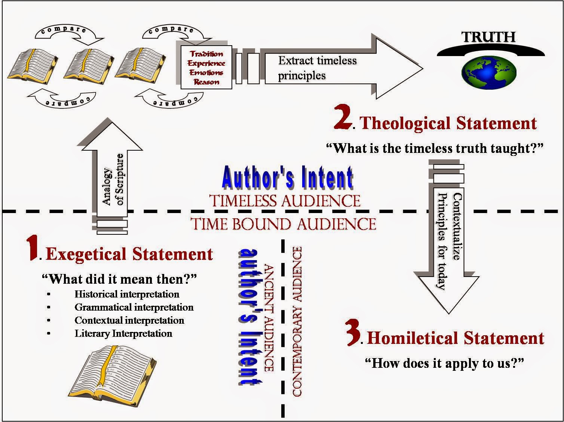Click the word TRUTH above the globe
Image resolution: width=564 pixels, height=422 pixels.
point(488,37)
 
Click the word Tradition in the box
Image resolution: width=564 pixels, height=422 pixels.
point(206,54)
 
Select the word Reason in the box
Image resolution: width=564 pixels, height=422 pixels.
point(206,82)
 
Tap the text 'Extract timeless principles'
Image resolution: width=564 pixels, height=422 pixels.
point(317,68)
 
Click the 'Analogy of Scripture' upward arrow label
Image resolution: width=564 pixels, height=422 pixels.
point(113,180)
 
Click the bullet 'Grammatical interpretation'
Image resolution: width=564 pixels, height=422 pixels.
point(134,307)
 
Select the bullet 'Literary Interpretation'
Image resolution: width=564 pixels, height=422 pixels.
point(123,333)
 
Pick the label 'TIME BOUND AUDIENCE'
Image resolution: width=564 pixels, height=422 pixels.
point(283,224)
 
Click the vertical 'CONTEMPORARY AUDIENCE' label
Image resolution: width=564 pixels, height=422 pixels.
point(297,321)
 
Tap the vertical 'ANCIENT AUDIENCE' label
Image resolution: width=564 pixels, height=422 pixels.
point(269,318)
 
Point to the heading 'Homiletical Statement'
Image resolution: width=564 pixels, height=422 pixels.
point(455,338)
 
